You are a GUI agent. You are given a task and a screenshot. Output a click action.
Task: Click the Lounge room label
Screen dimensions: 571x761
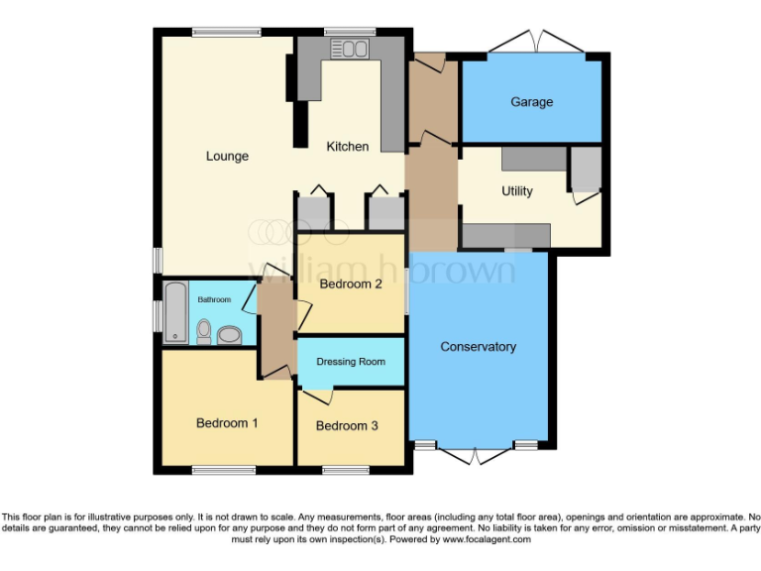(227, 156)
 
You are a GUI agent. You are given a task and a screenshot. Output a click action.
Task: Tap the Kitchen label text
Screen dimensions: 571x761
(348, 147)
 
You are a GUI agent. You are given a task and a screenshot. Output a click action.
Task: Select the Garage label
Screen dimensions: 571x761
(531, 102)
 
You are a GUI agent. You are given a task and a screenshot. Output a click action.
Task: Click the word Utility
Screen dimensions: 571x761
(516, 191)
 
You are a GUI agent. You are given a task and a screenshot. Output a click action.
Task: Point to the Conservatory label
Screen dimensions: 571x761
(479, 347)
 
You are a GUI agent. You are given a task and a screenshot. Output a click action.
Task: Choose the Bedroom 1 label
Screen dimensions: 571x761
(227, 423)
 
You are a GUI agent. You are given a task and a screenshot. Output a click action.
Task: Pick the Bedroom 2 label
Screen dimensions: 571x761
(351, 285)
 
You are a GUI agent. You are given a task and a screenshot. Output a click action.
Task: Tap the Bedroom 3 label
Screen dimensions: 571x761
(347, 426)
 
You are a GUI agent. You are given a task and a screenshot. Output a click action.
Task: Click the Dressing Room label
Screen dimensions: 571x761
(351, 362)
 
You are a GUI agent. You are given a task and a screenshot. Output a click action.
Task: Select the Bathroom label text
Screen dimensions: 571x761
(214, 299)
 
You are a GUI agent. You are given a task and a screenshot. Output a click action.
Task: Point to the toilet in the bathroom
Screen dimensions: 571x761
(203, 330)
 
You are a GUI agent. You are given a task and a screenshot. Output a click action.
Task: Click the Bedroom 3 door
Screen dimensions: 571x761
(317, 397)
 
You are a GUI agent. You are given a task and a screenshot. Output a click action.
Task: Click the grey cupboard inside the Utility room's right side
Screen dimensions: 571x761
(585, 170)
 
